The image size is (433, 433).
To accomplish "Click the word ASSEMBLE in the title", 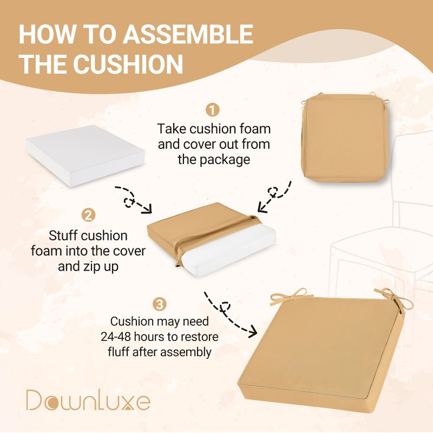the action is [188, 34].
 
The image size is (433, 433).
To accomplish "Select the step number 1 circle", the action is [212, 110].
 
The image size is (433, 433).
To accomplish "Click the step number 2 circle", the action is [88, 215].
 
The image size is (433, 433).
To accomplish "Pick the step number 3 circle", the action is [160, 305].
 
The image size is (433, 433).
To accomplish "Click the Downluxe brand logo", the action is [88, 400].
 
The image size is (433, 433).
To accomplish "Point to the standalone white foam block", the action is [86, 155].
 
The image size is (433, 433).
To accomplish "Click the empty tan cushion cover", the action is [345, 137].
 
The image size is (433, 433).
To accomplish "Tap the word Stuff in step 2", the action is [62, 235].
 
